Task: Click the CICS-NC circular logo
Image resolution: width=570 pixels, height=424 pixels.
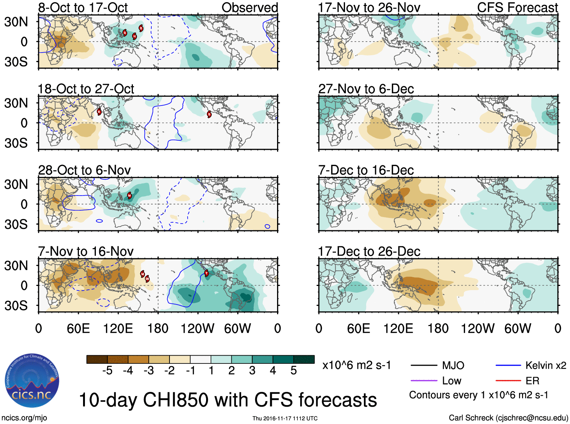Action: [32, 381]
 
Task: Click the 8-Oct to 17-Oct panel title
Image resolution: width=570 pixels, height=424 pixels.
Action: [83, 8]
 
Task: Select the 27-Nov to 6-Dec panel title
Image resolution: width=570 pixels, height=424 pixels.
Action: [366, 89]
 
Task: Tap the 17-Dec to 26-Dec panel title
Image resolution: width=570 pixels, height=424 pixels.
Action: [369, 252]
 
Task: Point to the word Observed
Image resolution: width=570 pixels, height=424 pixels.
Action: [250, 8]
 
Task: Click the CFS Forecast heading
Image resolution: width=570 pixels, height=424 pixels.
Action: [517, 8]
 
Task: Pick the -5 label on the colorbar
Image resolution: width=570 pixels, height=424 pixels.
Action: [107, 371]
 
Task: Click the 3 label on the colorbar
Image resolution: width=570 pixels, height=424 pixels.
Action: [252, 371]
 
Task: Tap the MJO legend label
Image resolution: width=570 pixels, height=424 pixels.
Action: [453, 365]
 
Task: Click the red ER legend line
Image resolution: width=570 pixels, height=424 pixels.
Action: [508, 381]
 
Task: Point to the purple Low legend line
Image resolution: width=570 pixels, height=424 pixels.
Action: [424, 381]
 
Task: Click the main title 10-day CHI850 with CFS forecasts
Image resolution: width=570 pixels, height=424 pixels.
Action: [228, 400]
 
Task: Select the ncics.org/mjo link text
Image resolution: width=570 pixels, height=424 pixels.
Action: [24, 418]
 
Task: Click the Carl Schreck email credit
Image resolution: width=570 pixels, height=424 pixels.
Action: [508, 418]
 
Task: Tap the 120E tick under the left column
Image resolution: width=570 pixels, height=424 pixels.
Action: [118, 328]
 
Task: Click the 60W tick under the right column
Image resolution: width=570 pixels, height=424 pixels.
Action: [518, 328]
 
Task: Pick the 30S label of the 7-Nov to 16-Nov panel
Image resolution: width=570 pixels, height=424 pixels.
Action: [16, 306]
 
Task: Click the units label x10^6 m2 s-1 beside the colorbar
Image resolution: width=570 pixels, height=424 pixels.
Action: [356, 365]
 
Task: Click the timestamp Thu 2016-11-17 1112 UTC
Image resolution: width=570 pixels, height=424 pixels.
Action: [285, 418]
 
